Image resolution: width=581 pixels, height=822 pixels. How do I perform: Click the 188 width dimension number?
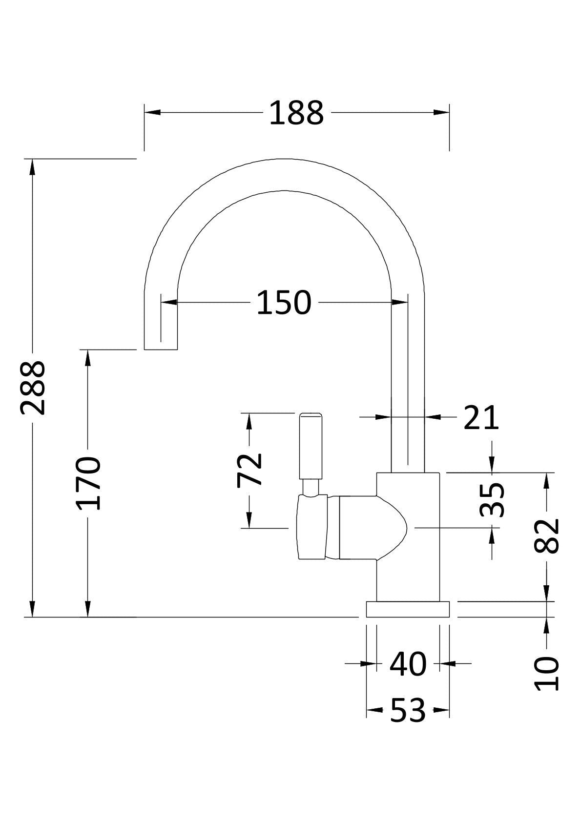[x=296, y=113]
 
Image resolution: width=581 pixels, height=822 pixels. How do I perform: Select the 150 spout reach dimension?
[x=284, y=303]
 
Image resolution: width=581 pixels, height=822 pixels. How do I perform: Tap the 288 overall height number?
[x=33, y=388]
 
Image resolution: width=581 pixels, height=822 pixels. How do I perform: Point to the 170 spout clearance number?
[x=88, y=483]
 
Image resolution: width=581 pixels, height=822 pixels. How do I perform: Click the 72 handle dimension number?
[x=250, y=470]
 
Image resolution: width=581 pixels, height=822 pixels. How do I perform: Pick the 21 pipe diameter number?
[x=481, y=418]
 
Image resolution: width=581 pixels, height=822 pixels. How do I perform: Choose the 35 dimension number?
[x=492, y=499]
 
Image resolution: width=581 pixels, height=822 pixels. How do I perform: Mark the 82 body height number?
[x=546, y=536]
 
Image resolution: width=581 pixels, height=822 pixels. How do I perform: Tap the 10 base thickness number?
[x=546, y=674]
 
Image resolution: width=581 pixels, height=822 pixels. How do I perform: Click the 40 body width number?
[x=408, y=664]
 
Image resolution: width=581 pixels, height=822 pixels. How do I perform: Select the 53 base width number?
[x=408, y=711]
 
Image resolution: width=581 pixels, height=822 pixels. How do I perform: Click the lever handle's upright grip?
[x=311, y=446]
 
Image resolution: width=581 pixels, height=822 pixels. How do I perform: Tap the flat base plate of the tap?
[x=408, y=609]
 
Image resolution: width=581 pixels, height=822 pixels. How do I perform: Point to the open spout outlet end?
[x=161, y=349]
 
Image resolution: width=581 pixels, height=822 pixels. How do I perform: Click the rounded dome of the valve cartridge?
[x=393, y=528]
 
